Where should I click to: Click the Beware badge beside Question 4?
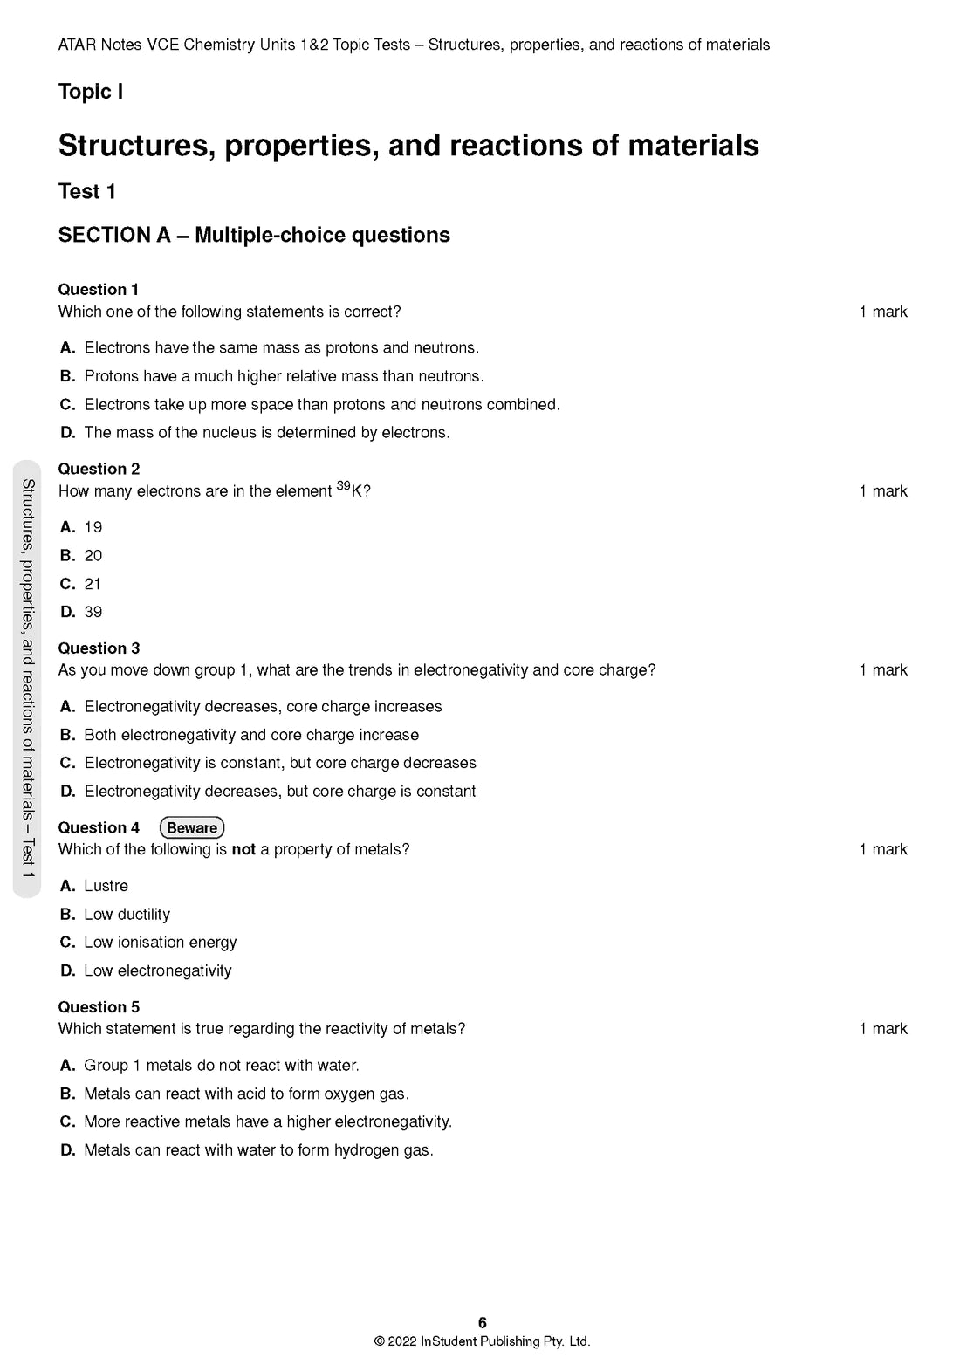(x=192, y=827)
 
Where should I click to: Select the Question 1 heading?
(x=98, y=290)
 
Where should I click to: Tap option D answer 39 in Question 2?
(x=93, y=612)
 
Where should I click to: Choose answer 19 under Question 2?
(x=93, y=527)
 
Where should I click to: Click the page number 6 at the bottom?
(x=483, y=1323)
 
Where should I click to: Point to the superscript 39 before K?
(x=343, y=486)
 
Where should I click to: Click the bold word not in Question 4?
(x=243, y=849)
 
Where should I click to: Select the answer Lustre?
(x=106, y=886)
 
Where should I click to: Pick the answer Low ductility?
(x=127, y=914)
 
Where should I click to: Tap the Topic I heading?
(x=91, y=92)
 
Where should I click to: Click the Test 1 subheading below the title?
(x=86, y=191)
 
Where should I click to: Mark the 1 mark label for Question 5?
(x=882, y=1029)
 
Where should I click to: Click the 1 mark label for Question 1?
(x=882, y=312)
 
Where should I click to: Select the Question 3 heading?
(x=99, y=648)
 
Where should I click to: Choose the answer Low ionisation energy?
(x=161, y=943)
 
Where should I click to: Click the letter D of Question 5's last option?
(x=67, y=1150)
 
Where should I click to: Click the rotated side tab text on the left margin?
(x=28, y=678)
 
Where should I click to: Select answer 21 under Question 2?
(x=93, y=584)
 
